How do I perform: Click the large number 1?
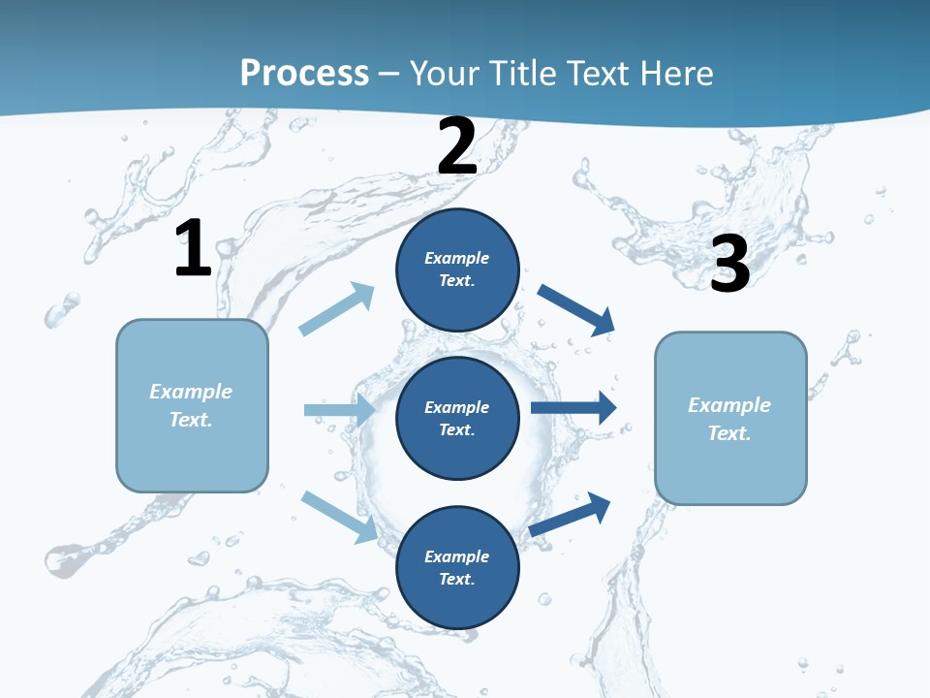[193, 248]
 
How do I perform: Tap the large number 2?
[457, 146]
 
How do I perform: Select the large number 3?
[729, 264]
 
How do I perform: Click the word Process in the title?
[304, 73]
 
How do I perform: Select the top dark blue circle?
[457, 270]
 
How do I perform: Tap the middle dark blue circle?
[457, 418]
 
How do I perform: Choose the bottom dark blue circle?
[457, 567]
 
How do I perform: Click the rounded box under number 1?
[192, 405]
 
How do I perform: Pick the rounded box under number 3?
[730, 418]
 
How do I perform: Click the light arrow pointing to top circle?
[337, 309]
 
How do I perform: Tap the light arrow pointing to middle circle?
[340, 410]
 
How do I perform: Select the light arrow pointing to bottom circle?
[340, 516]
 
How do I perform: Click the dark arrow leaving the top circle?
[576, 310]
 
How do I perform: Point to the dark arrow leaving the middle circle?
[574, 407]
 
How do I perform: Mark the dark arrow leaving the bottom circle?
[570, 514]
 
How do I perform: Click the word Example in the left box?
[191, 392]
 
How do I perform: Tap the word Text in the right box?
[728, 433]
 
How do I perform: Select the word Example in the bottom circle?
[456, 556]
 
